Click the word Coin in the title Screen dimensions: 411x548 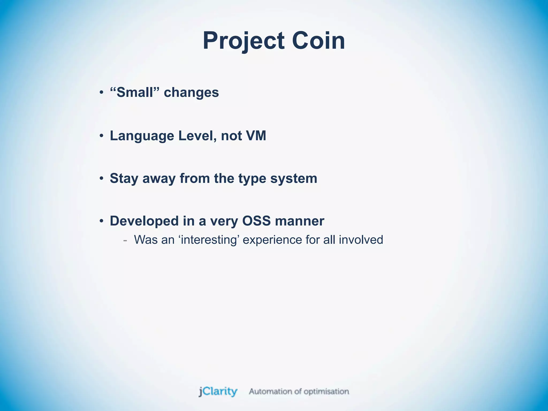click(318, 41)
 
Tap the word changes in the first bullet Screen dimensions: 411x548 click(191, 93)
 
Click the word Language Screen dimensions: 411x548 click(142, 136)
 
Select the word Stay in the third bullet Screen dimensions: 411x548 click(124, 178)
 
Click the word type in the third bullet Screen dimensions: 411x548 click(252, 179)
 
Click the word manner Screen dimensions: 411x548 click(299, 221)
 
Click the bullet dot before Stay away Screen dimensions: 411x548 click(101, 178)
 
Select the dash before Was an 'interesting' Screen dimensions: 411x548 click(125, 240)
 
